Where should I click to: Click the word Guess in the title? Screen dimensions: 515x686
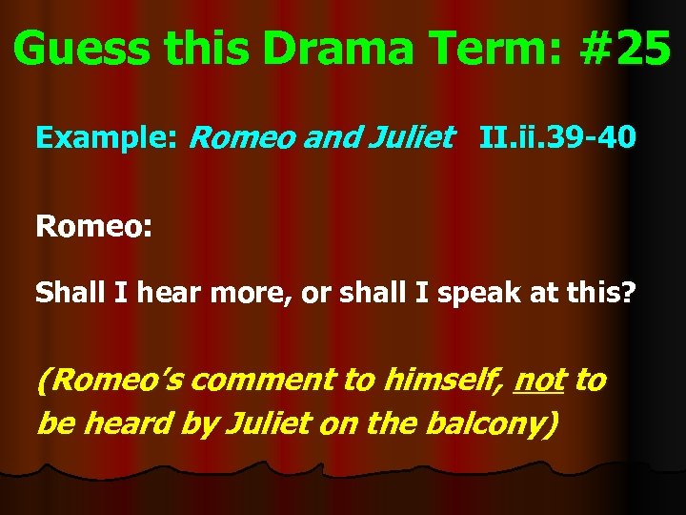(x=82, y=47)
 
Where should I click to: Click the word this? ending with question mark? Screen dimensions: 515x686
(x=599, y=293)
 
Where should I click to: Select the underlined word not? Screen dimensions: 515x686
(x=538, y=381)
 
